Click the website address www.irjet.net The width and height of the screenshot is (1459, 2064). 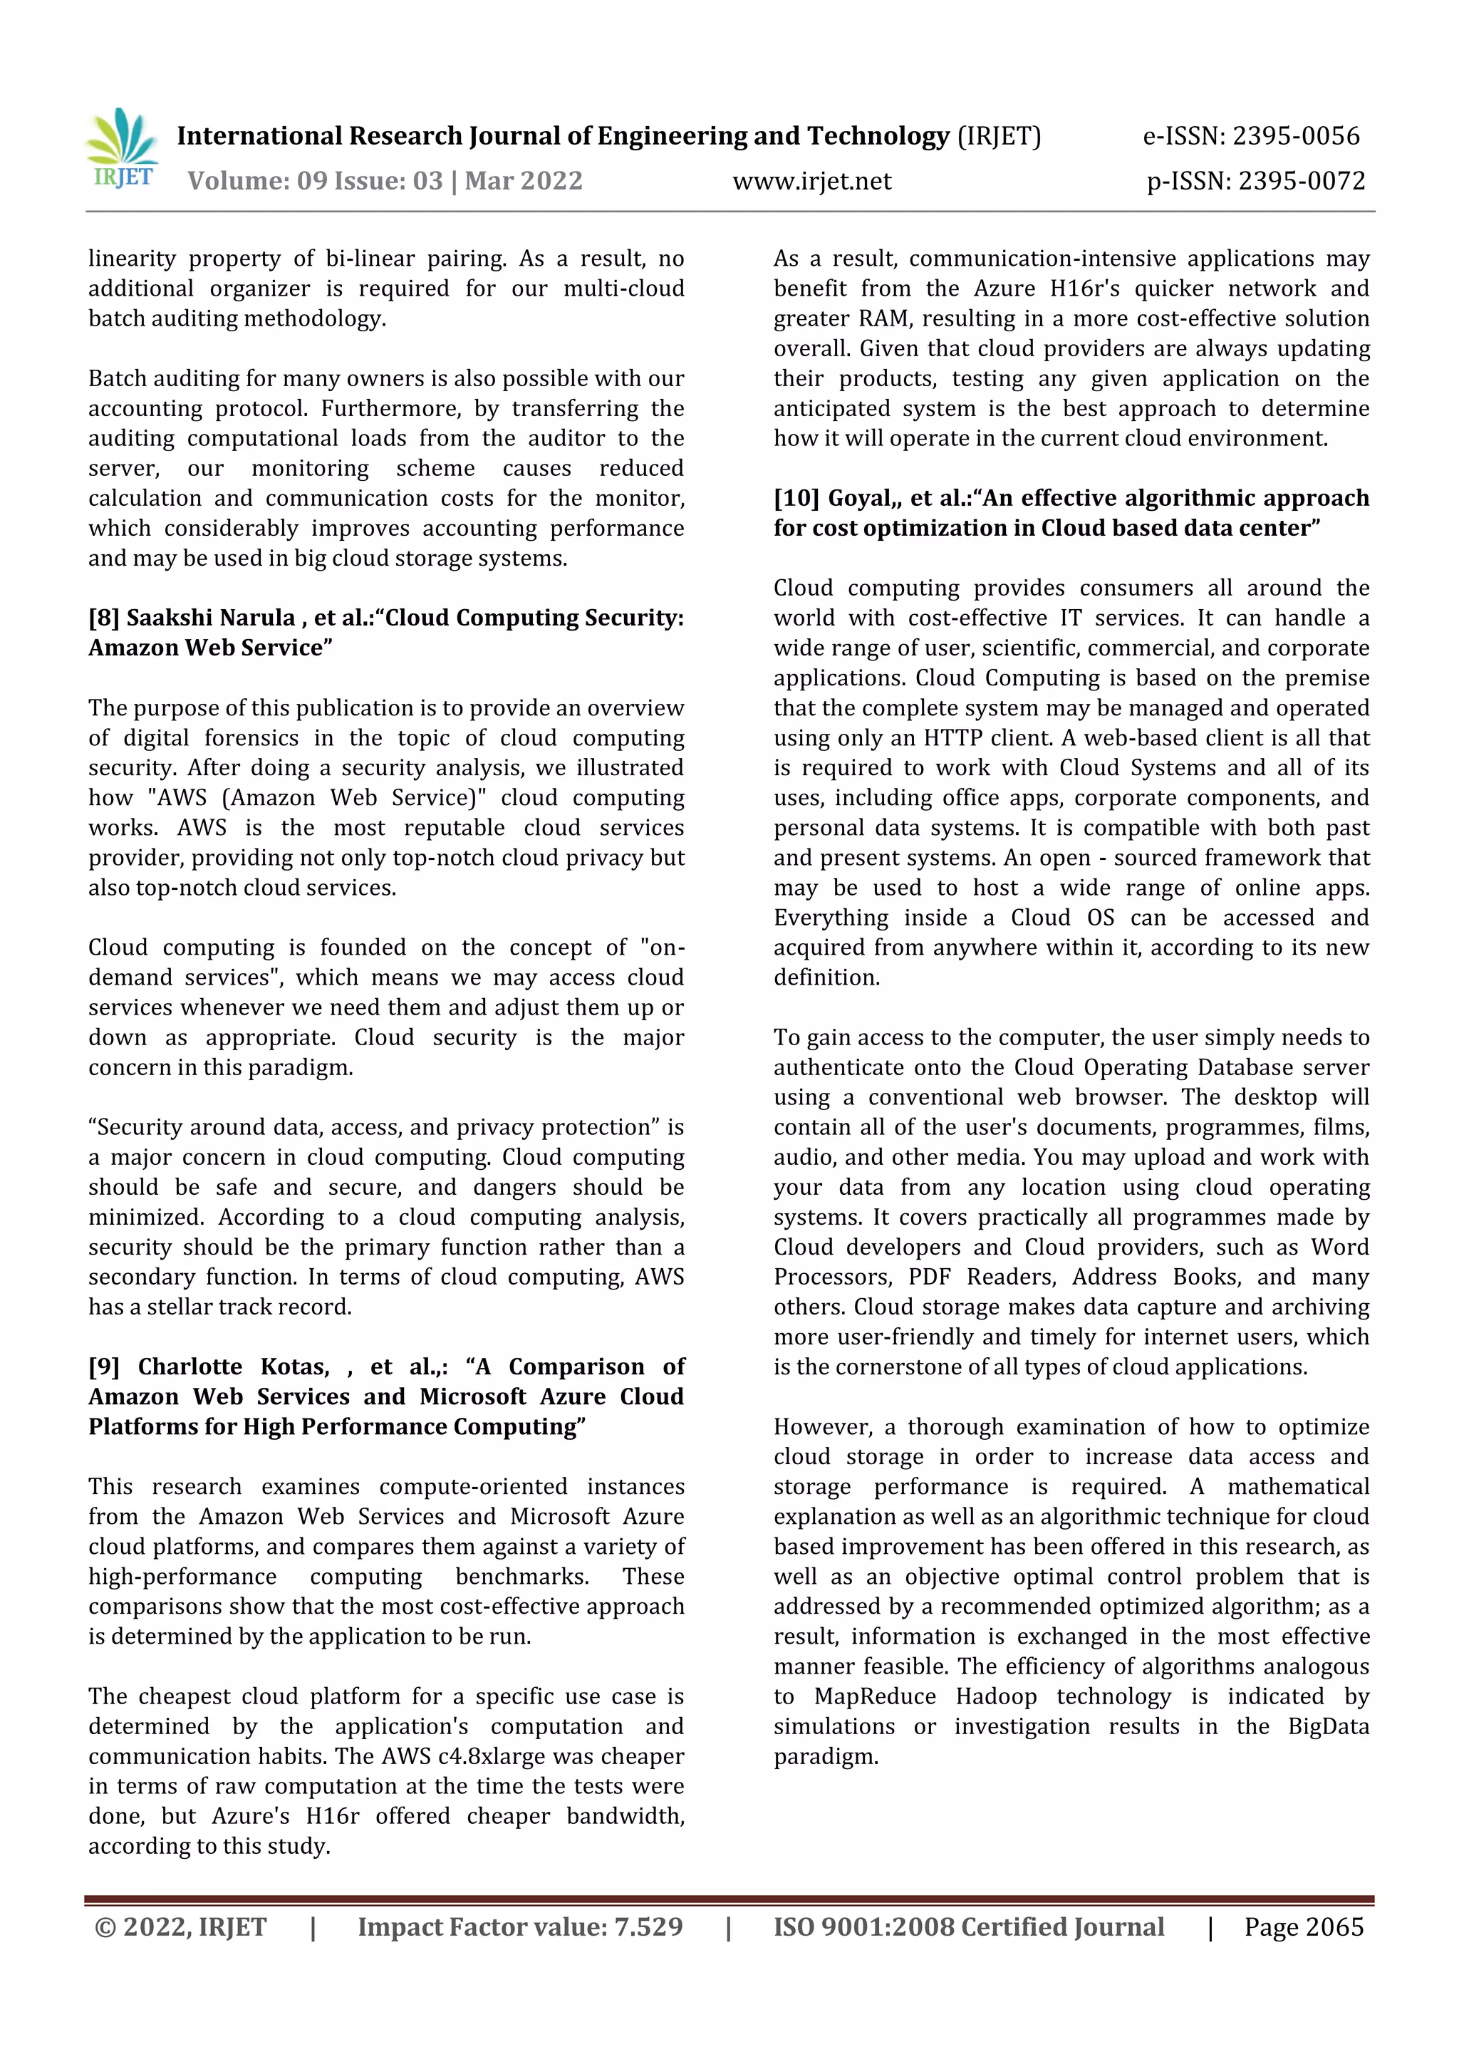tap(811, 181)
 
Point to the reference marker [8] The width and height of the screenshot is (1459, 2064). tap(103, 618)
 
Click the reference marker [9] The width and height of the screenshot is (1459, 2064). tap(103, 1367)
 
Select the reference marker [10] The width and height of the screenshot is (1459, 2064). tap(796, 498)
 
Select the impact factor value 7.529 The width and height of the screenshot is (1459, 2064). tap(648, 1926)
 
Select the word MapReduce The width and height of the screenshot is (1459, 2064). tap(875, 1696)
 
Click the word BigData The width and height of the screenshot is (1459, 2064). tap(1328, 1726)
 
